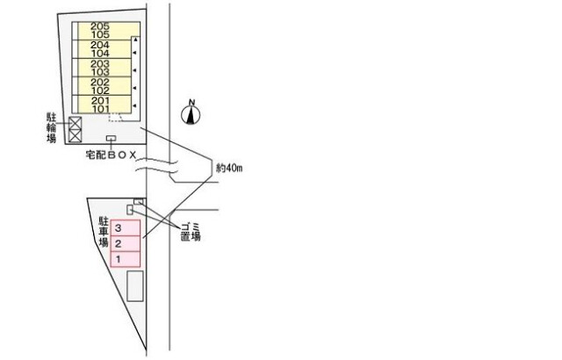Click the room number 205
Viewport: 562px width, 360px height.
(99, 27)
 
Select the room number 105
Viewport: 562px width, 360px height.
(99, 36)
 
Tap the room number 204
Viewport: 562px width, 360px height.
(99, 46)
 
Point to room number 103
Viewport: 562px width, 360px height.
(99, 73)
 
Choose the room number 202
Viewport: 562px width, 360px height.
(99, 83)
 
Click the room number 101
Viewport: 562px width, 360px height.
(99, 110)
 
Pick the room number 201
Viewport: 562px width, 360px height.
(99, 101)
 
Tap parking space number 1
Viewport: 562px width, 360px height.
(118, 260)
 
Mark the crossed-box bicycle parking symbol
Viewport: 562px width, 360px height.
(75, 129)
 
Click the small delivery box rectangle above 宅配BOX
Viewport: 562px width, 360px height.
(112, 140)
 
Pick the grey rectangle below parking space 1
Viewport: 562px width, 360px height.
(135, 285)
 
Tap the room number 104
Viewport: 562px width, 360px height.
(99, 54)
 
